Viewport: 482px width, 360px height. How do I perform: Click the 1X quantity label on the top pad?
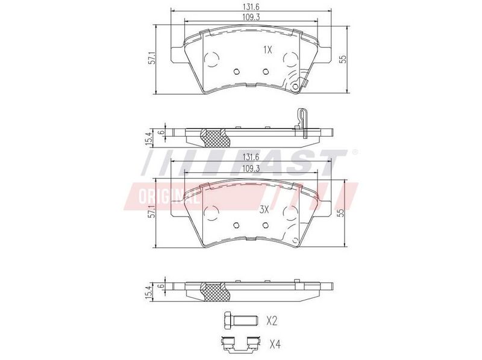click(268, 50)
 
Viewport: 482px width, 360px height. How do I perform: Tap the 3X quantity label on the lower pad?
click(264, 209)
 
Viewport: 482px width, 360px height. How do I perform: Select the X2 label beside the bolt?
click(272, 321)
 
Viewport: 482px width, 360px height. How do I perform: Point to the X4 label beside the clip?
click(275, 344)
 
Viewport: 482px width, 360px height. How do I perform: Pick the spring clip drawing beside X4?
click(240, 344)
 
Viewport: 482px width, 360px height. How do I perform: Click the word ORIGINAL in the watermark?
click(169, 197)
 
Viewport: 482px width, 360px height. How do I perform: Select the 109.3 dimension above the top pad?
click(251, 17)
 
